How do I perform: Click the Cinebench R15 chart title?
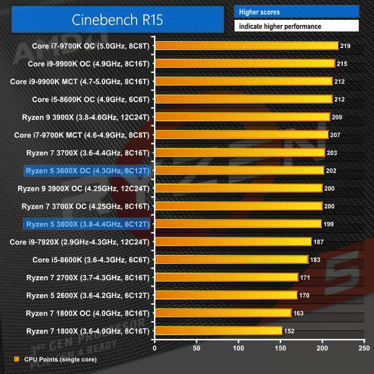[117, 19]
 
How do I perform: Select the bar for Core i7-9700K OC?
[246, 46]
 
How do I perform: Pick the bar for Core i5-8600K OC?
[243, 99]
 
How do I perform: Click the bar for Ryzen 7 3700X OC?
[238, 206]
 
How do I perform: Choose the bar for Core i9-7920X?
[233, 241]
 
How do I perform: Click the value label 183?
[317, 259]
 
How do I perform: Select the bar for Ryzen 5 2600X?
[226, 295]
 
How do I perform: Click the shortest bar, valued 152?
[218, 330]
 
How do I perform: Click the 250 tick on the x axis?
[362, 347]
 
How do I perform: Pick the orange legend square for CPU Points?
[17, 360]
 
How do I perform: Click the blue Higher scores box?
[296, 12]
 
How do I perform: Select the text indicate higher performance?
[279, 26]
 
